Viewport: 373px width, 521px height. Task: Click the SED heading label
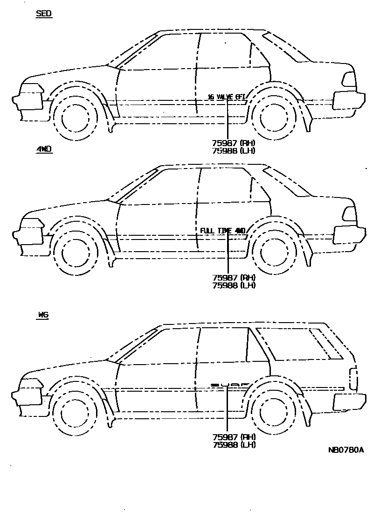[x=44, y=14]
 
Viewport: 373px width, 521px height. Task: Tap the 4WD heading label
[x=44, y=149]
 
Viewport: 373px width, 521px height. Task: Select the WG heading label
[x=42, y=315]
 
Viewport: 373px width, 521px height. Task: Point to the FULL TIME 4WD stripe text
[x=223, y=231]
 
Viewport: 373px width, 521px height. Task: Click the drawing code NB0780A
[x=345, y=451]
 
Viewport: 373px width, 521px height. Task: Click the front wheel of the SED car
[x=76, y=117]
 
